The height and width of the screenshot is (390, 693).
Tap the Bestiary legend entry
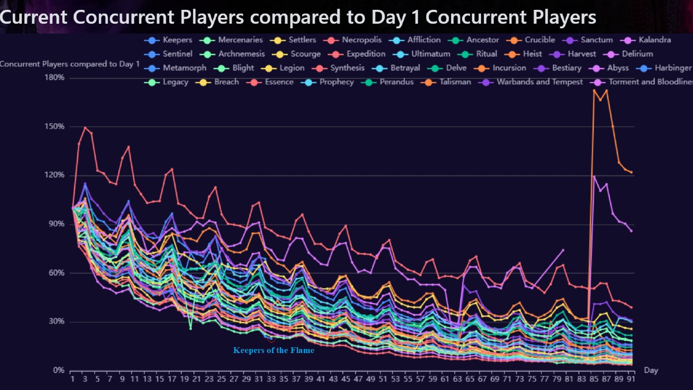pyautogui.click(x=567, y=68)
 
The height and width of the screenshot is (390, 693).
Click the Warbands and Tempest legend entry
pyautogui.click(x=539, y=81)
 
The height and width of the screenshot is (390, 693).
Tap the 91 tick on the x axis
pyautogui.click(x=631, y=380)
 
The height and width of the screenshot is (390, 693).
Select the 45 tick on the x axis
pyautogui.click(x=345, y=380)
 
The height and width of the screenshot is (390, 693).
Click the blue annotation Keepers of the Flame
pyautogui.click(x=274, y=350)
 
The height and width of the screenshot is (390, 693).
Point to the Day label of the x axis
pyautogui.click(x=651, y=370)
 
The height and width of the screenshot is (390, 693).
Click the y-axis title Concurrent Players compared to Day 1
pyautogui.click(x=70, y=64)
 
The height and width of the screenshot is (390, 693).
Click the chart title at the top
pyautogui.click(x=298, y=17)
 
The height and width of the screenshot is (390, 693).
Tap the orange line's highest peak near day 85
pyautogui.click(x=594, y=90)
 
